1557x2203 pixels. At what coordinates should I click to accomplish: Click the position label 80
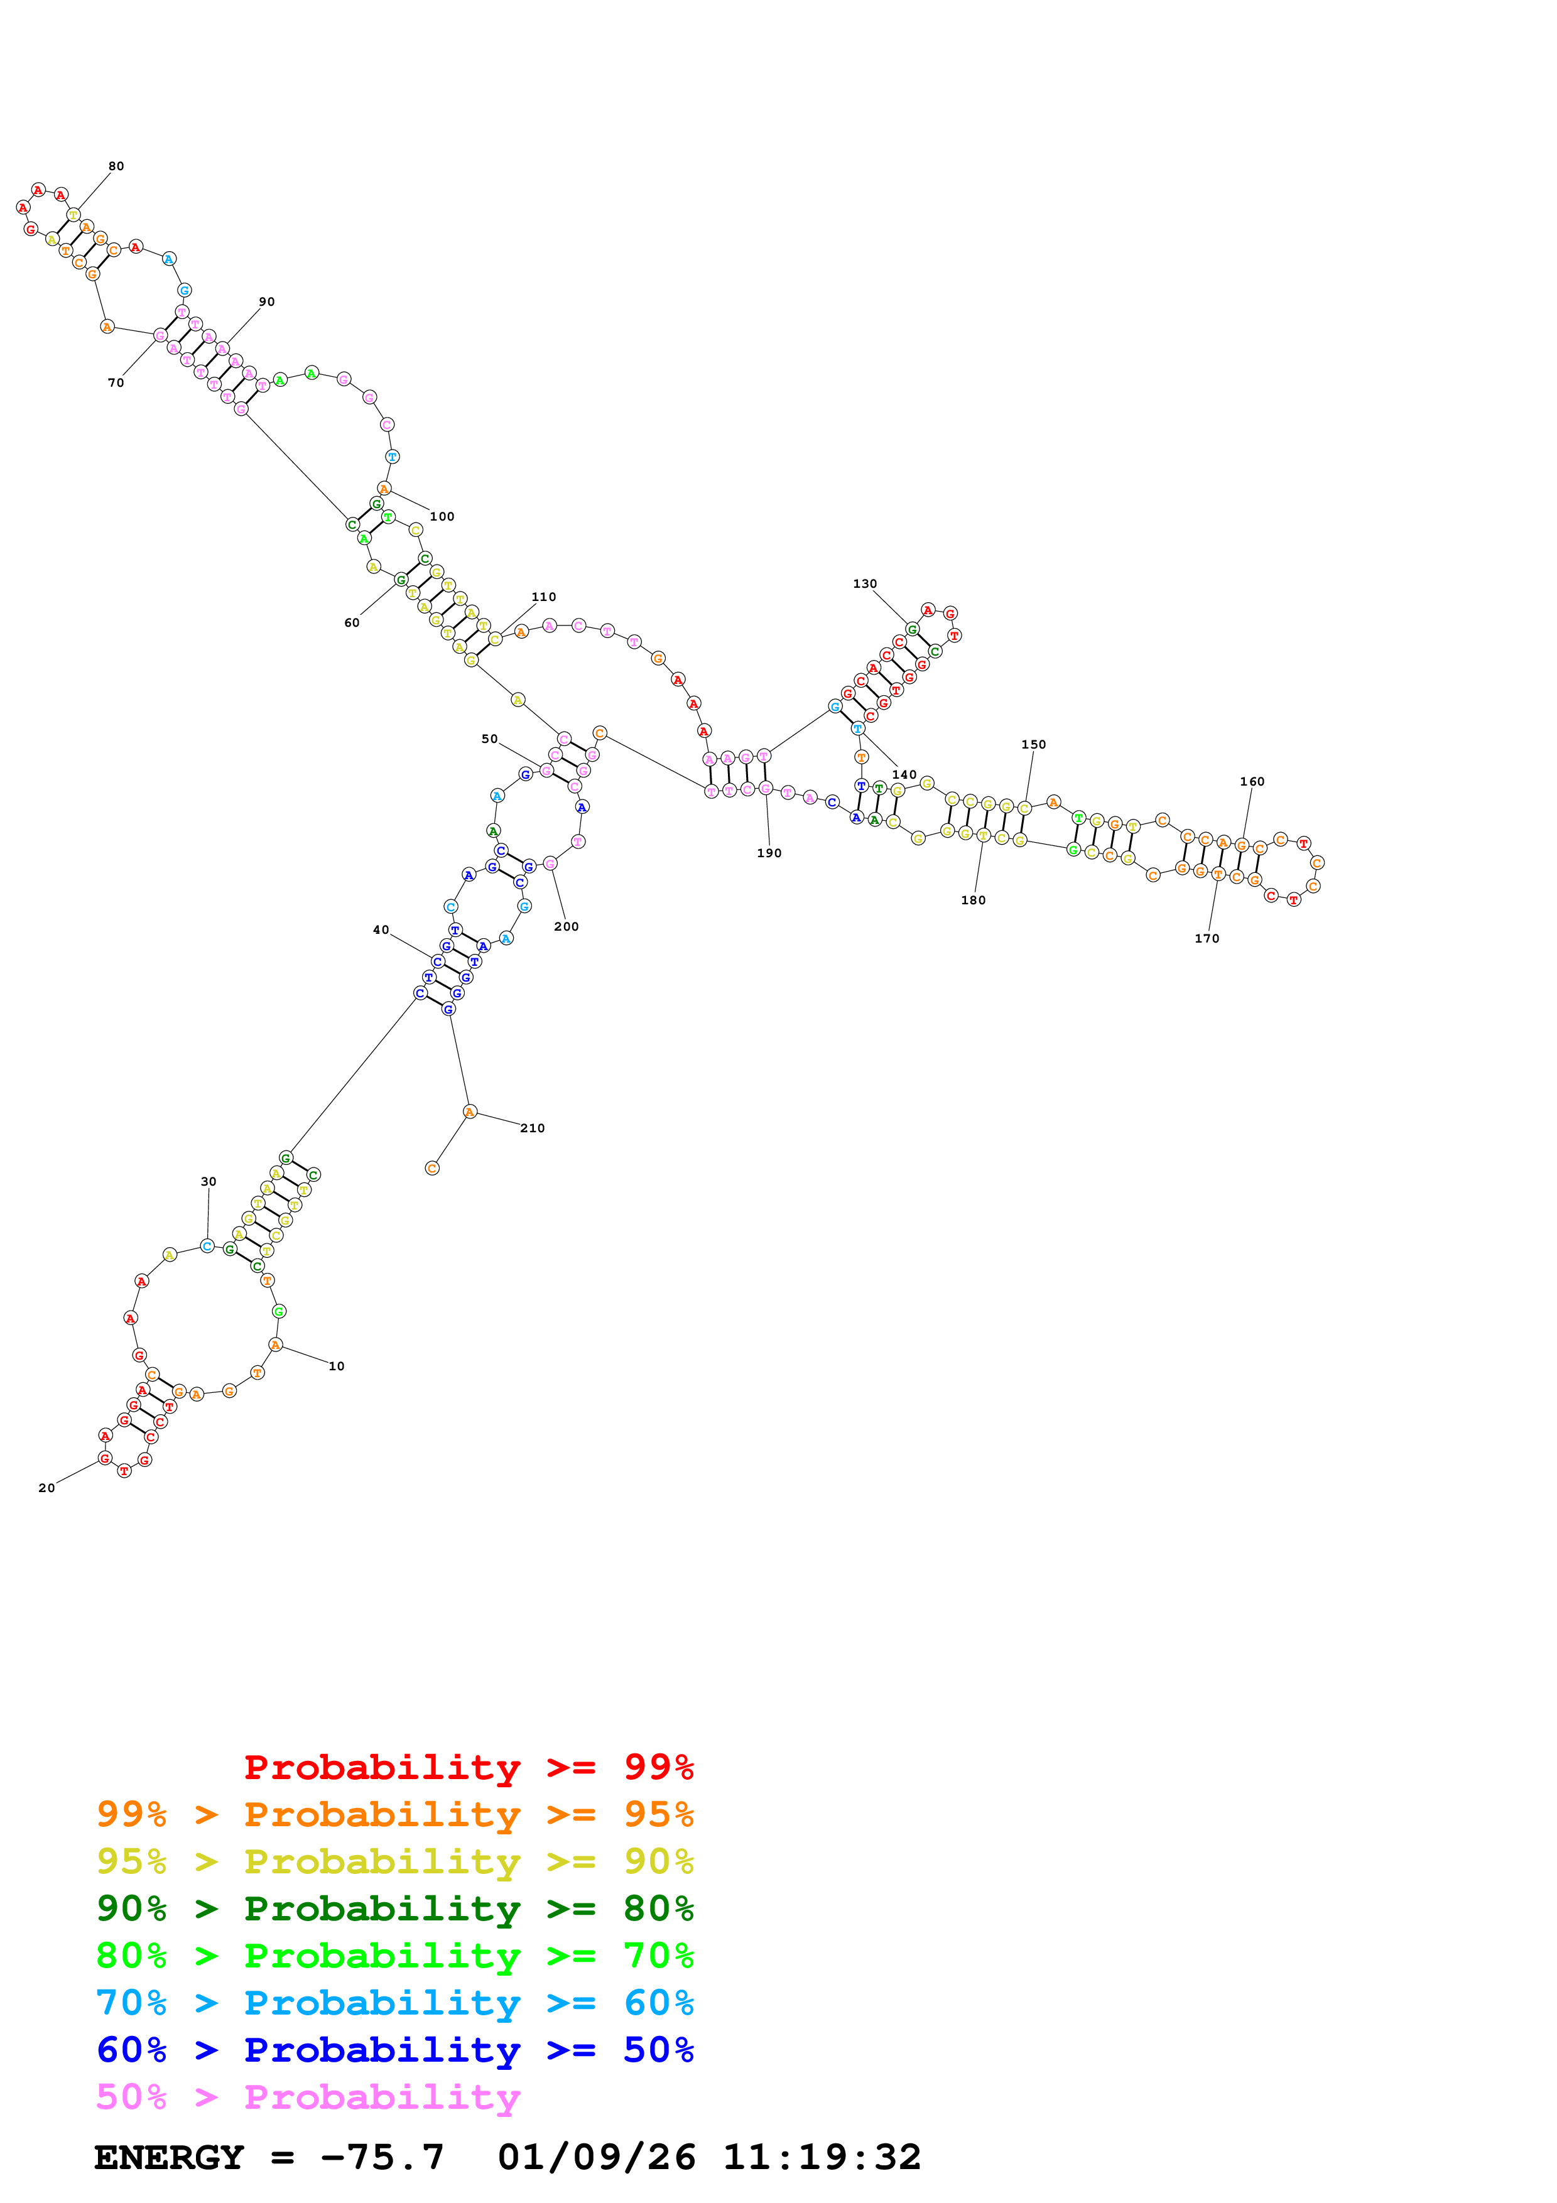coord(116,166)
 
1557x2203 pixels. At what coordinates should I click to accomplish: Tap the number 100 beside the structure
coord(442,516)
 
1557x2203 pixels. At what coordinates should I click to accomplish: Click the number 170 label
coord(1207,938)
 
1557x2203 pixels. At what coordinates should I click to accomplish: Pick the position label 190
coord(769,853)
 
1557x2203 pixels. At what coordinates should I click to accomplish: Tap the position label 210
coord(533,1129)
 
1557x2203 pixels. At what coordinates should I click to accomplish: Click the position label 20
coord(46,1488)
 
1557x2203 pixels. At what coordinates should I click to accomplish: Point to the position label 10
coord(337,1367)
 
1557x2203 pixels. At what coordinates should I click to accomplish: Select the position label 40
coord(381,930)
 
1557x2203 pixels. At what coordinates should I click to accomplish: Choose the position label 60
coord(352,623)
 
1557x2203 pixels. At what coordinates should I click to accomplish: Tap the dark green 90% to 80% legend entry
coord(394,1908)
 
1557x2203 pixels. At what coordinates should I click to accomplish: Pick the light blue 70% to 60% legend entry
coord(394,2003)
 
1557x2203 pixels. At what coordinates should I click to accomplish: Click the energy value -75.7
coord(382,2158)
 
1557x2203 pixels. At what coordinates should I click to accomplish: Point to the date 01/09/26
coord(597,2158)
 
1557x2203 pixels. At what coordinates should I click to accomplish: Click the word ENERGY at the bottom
coord(169,2158)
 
